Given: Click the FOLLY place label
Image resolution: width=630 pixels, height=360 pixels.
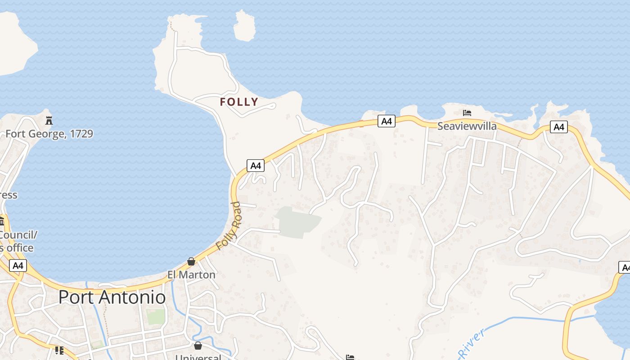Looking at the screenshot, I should pos(239,102).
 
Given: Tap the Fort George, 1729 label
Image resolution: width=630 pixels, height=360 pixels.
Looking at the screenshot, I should pos(49,134).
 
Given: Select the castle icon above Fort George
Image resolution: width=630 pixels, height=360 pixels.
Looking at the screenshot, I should pos(49,120).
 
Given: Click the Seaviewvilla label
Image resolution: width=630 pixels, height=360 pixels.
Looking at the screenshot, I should pos(467,126).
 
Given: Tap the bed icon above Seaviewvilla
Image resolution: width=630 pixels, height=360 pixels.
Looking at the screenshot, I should pos(467,112).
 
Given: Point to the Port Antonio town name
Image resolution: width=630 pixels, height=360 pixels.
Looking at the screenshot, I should pos(112,297).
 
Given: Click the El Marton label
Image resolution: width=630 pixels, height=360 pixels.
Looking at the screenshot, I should pos(191,274).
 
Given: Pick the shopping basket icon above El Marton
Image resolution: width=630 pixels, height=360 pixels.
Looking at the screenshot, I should pos(191,261).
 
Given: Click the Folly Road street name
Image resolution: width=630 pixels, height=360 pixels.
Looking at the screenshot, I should pos(229,226).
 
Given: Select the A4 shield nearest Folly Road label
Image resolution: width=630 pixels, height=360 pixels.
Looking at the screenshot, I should pos(256,166).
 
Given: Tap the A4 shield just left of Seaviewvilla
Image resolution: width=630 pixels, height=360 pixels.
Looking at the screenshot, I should pos(386,121).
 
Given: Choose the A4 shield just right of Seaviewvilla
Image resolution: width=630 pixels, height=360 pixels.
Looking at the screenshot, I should pos(558,127).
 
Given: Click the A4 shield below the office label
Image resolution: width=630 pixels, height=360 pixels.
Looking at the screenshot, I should pos(18,265).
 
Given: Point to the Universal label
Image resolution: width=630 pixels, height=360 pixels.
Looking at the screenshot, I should pos(198,357).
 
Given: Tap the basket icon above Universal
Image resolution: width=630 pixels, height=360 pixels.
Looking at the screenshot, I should pos(198,346).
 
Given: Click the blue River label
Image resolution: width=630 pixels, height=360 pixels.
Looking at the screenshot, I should pos(472,344).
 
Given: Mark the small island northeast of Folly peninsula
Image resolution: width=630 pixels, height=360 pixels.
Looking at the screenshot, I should pos(245,26).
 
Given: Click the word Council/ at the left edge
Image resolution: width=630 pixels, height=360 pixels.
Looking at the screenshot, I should pos(18,235).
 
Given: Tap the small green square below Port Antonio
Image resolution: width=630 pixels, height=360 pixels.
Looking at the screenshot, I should pos(155,316).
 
